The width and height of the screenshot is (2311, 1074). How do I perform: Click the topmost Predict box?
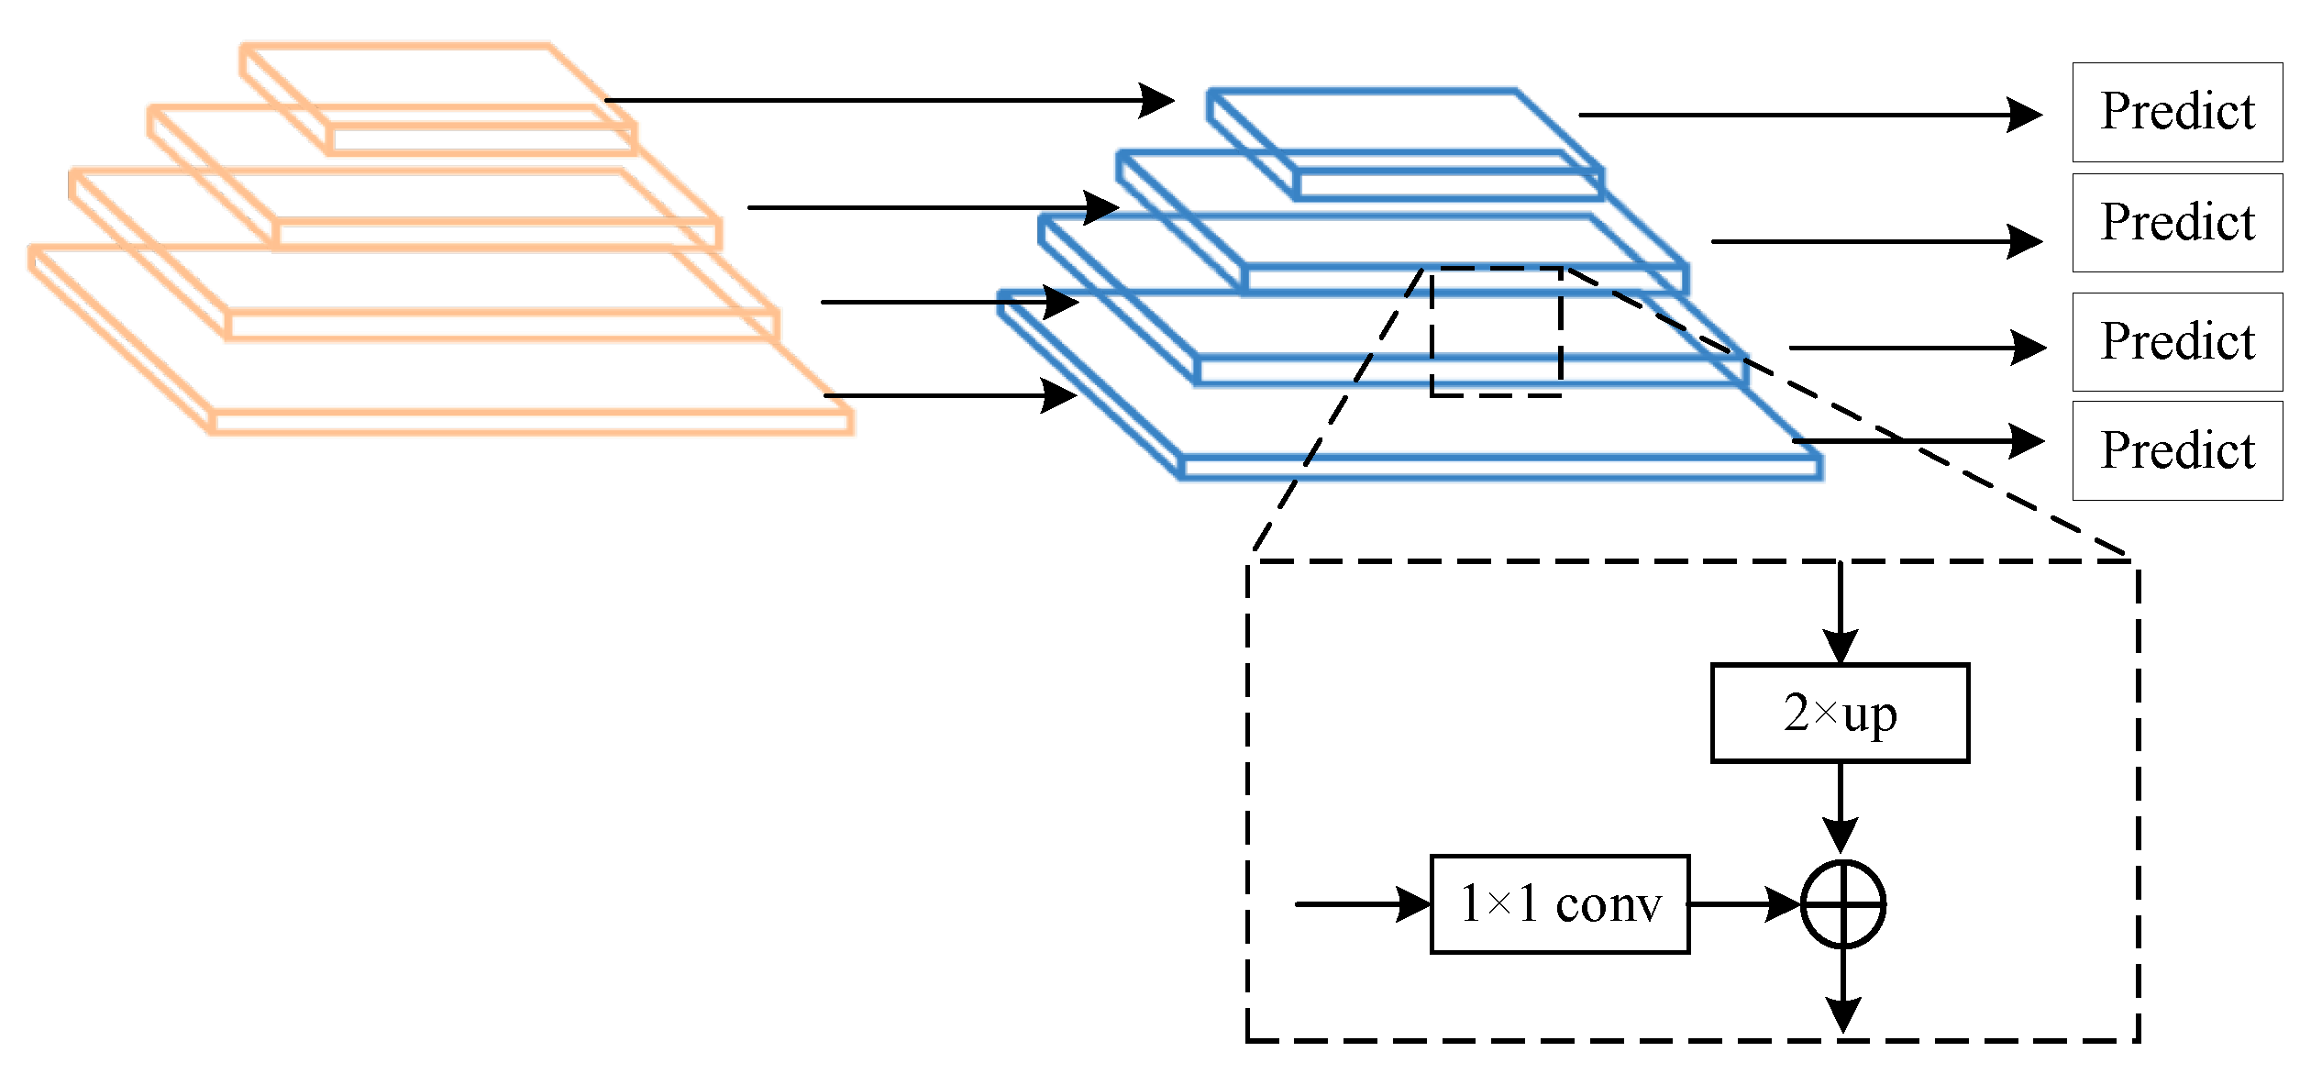pos(2176,112)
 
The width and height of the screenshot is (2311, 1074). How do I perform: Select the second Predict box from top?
pos(2176,223)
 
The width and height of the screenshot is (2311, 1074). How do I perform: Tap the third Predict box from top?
pos(2176,342)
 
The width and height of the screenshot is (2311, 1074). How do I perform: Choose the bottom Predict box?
pos(2176,450)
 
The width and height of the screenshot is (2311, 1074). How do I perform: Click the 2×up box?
pos(1840,713)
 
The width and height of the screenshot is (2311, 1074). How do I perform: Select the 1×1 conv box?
pos(1559,904)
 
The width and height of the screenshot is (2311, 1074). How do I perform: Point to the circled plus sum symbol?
pos(1842,904)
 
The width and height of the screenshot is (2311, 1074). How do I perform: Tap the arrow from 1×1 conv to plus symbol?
pos(1742,904)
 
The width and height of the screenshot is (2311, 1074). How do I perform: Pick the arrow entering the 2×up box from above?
pos(1840,610)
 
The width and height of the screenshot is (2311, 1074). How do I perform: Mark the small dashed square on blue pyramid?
pos(1496,332)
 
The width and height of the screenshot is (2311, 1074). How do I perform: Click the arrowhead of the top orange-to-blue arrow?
pos(1157,100)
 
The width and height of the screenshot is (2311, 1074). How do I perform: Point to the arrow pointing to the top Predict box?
pos(1807,115)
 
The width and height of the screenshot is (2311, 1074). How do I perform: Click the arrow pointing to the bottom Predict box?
pos(1917,441)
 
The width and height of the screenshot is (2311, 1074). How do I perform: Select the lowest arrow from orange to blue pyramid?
pos(949,395)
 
